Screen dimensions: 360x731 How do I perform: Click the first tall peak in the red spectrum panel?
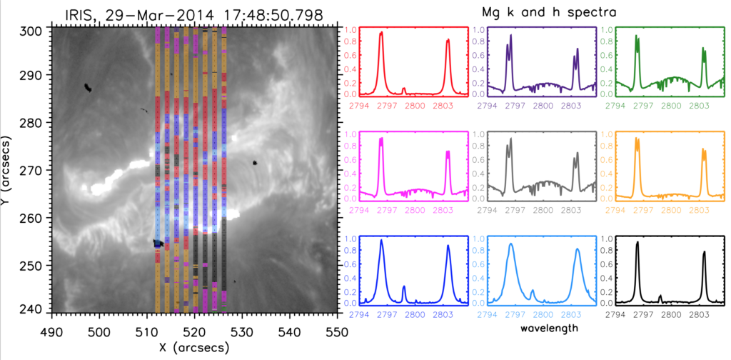coord(381,33)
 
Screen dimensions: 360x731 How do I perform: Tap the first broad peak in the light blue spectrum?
coord(511,244)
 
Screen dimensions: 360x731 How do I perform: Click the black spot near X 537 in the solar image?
coord(255,163)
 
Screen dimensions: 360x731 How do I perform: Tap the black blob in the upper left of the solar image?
coord(87,88)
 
